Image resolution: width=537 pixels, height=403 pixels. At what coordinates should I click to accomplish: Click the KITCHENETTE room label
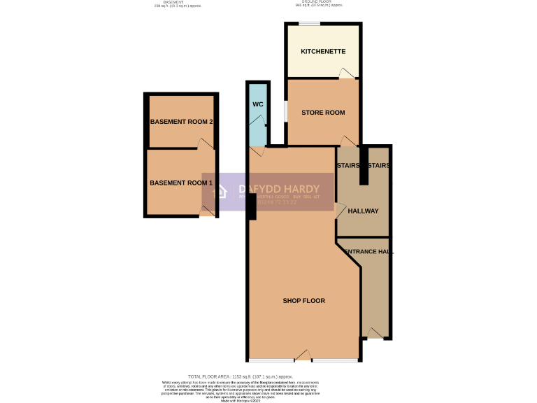tap(323, 52)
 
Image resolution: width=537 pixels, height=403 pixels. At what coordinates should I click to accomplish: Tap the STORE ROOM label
tap(323, 113)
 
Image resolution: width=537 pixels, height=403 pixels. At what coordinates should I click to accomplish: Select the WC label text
tap(257, 105)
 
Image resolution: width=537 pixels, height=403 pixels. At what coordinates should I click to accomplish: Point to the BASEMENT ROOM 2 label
tap(181, 122)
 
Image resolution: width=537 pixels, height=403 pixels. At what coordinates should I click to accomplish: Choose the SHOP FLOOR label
tap(303, 301)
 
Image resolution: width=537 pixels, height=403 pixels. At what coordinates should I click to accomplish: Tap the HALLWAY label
tap(363, 211)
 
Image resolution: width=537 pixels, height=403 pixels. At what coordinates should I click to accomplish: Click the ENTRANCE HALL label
tap(366, 251)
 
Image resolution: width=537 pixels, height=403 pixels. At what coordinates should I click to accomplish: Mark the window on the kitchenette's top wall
tap(309, 24)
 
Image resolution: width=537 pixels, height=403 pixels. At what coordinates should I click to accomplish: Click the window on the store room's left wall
tap(285, 112)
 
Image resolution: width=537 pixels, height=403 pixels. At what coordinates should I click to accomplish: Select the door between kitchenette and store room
tap(346, 73)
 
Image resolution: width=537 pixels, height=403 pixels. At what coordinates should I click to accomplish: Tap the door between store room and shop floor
tap(348, 141)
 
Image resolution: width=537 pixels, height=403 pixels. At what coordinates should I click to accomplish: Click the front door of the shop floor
tap(303, 357)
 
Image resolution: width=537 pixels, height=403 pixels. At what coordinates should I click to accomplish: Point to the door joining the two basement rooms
tap(204, 144)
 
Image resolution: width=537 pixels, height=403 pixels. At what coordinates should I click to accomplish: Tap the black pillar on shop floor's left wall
tap(251, 207)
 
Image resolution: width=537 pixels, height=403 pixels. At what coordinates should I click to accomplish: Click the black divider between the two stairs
tap(364, 166)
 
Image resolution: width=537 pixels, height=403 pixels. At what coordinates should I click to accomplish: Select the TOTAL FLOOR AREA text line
tap(240, 376)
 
